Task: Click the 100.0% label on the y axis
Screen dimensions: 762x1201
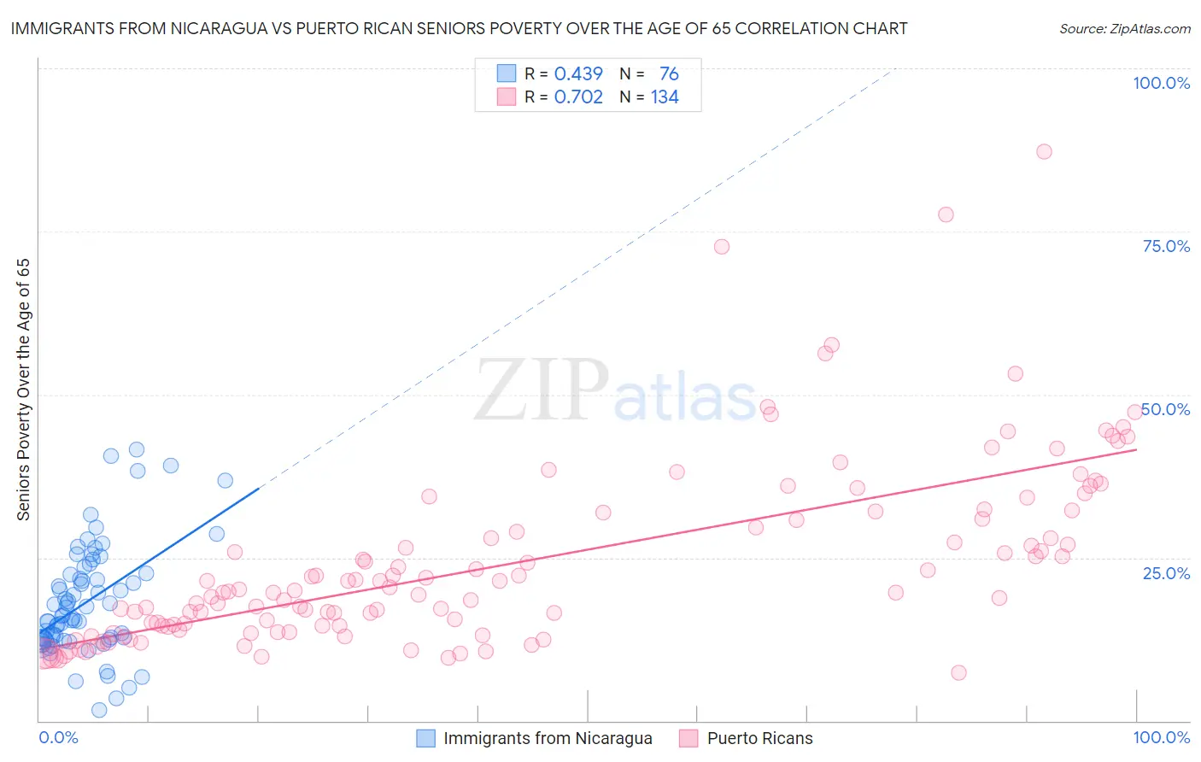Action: [1161, 83]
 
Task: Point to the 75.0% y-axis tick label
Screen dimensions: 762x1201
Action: [1166, 246]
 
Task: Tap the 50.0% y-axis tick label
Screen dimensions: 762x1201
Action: [1166, 409]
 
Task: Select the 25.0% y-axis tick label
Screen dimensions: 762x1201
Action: [1166, 572]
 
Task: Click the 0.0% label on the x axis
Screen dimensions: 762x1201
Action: [58, 737]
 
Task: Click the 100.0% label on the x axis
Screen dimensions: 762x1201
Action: [1161, 737]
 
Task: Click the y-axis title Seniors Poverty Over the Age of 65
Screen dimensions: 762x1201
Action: [24, 389]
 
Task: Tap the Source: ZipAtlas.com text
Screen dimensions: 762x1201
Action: [1124, 28]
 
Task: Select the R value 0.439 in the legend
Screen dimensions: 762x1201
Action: [578, 74]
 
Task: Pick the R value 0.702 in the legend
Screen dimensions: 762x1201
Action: [578, 97]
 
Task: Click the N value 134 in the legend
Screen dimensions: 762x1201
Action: [665, 97]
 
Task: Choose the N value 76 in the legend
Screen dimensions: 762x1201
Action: [669, 74]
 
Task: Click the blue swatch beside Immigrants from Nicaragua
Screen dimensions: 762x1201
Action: [426, 738]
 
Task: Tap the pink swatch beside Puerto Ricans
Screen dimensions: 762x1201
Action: [689, 738]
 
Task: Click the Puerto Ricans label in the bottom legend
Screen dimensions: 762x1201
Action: [759, 738]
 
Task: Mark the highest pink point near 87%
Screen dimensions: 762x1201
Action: [1044, 151]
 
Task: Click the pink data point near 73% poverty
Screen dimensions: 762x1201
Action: [722, 247]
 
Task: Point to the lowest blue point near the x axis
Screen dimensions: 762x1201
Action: [99, 710]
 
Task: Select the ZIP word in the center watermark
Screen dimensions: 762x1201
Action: [541, 390]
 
